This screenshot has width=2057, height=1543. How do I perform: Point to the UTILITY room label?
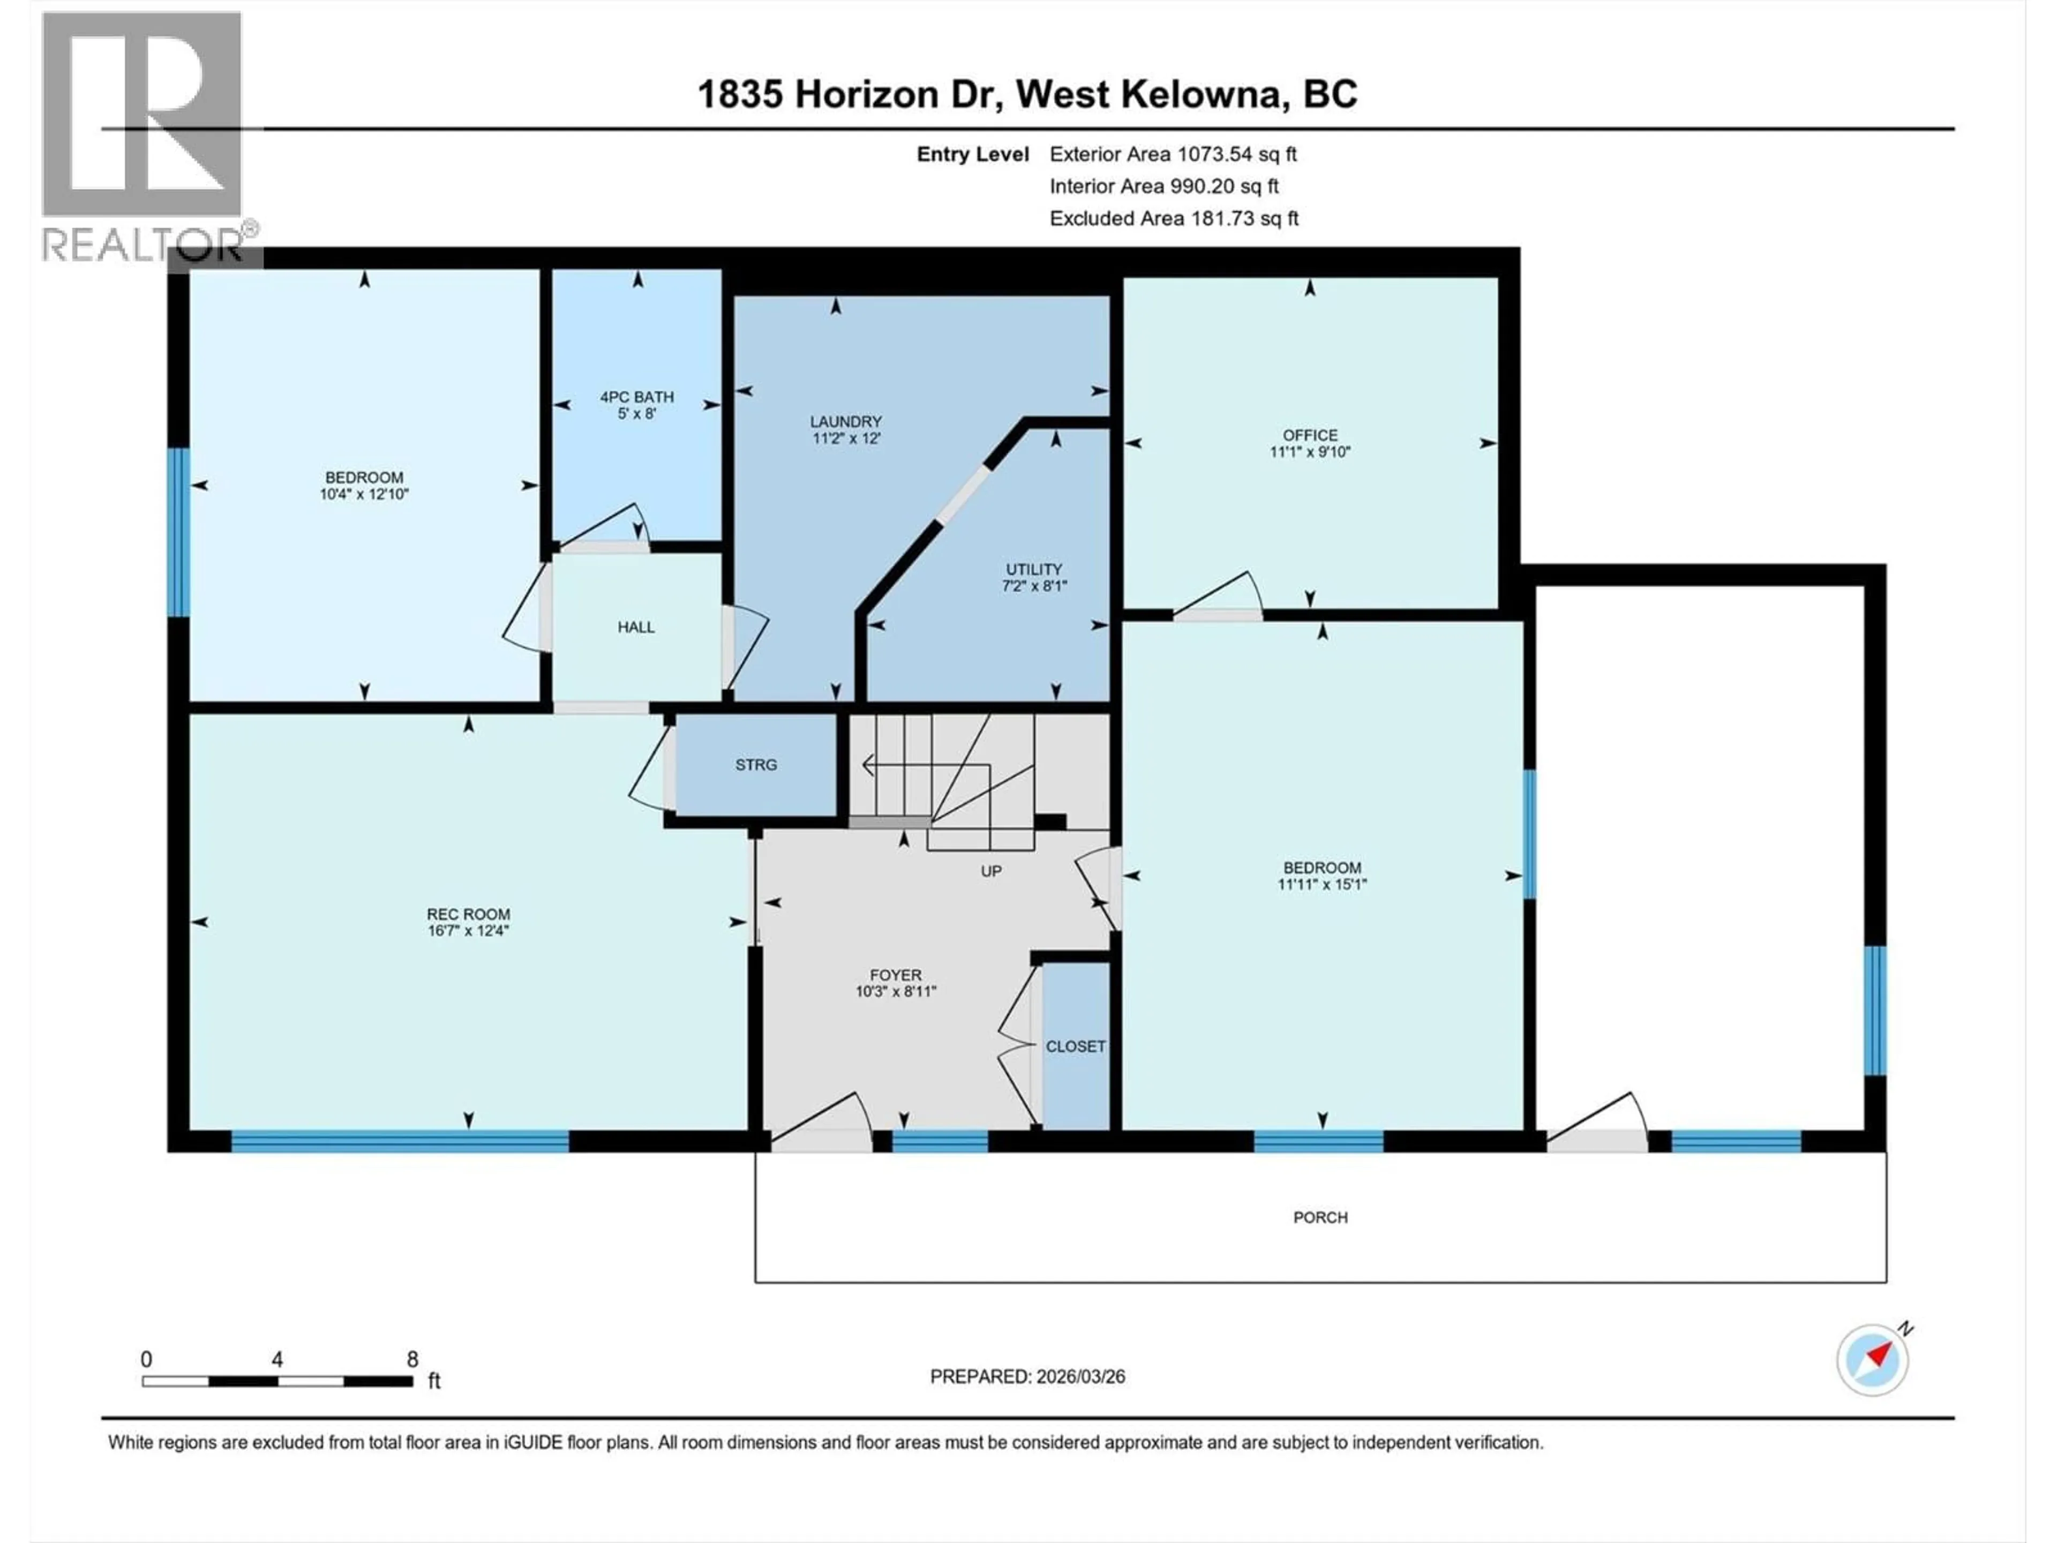tap(1033, 569)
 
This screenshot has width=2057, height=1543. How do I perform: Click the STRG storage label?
tap(755, 765)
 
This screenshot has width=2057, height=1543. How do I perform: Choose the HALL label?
tap(636, 627)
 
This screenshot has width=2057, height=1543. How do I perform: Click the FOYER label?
tap(896, 975)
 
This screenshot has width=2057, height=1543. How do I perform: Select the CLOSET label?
tap(1075, 1046)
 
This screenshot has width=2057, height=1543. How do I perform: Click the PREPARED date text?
tap(1027, 1376)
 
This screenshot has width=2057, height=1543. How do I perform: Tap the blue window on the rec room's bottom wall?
tap(400, 1141)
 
